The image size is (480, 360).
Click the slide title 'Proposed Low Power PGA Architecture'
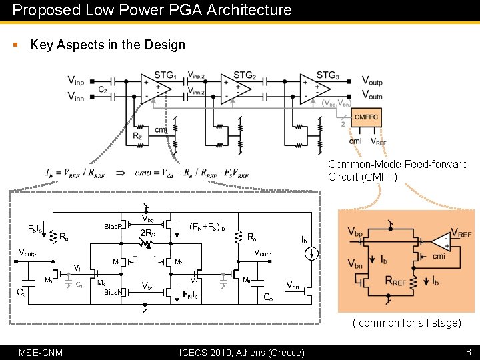[x=152, y=10]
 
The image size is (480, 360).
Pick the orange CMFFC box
[x=366, y=117]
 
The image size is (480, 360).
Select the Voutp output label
[x=372, y=81]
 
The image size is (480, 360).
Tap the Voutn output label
[x=372, y=96]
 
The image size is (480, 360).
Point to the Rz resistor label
[x=137, y=136]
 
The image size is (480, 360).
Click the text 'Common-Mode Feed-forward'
[x=397, y=164]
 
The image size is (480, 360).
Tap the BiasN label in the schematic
[x=113, y=292]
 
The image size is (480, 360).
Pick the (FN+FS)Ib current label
[x=207, y=226]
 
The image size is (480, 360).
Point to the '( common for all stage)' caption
[x=407, y=323]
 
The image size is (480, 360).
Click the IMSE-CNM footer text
[x=39, y=352]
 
